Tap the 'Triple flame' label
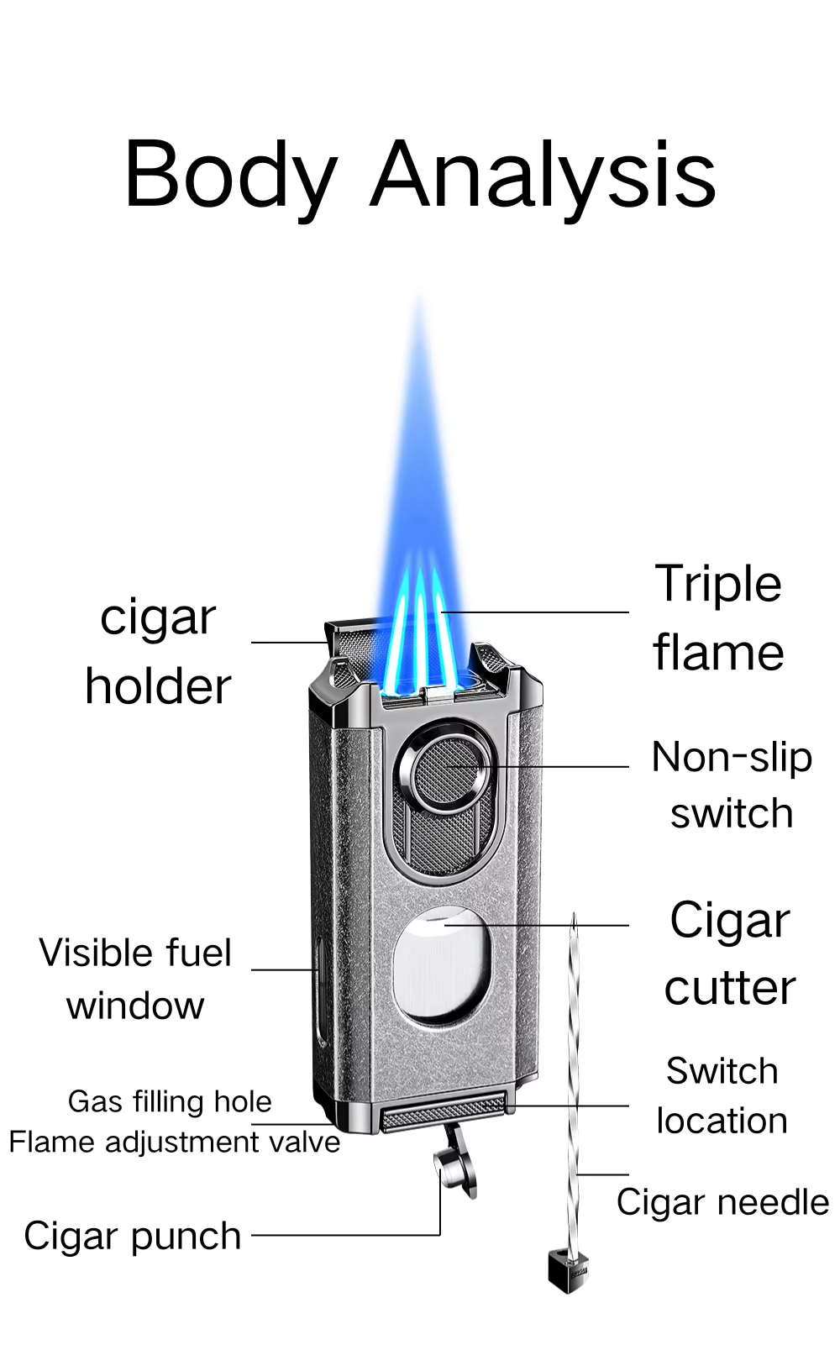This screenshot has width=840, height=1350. pos(718,617)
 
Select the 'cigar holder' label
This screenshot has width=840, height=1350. pos(158,652)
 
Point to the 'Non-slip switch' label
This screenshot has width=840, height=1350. pos(732,785)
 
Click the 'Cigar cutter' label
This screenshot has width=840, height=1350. pos(730,953)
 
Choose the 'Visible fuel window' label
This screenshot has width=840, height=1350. pos(135,979)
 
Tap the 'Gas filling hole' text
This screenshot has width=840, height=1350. pos(170,1101)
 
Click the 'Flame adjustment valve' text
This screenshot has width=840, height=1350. pos(175,1142)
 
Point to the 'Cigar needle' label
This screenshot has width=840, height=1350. pos(722,1202)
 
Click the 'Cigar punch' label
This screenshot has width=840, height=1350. pos(132,1237)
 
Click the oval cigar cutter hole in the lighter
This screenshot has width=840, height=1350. pos(440,966)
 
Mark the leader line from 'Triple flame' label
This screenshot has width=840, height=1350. pos(535,612)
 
